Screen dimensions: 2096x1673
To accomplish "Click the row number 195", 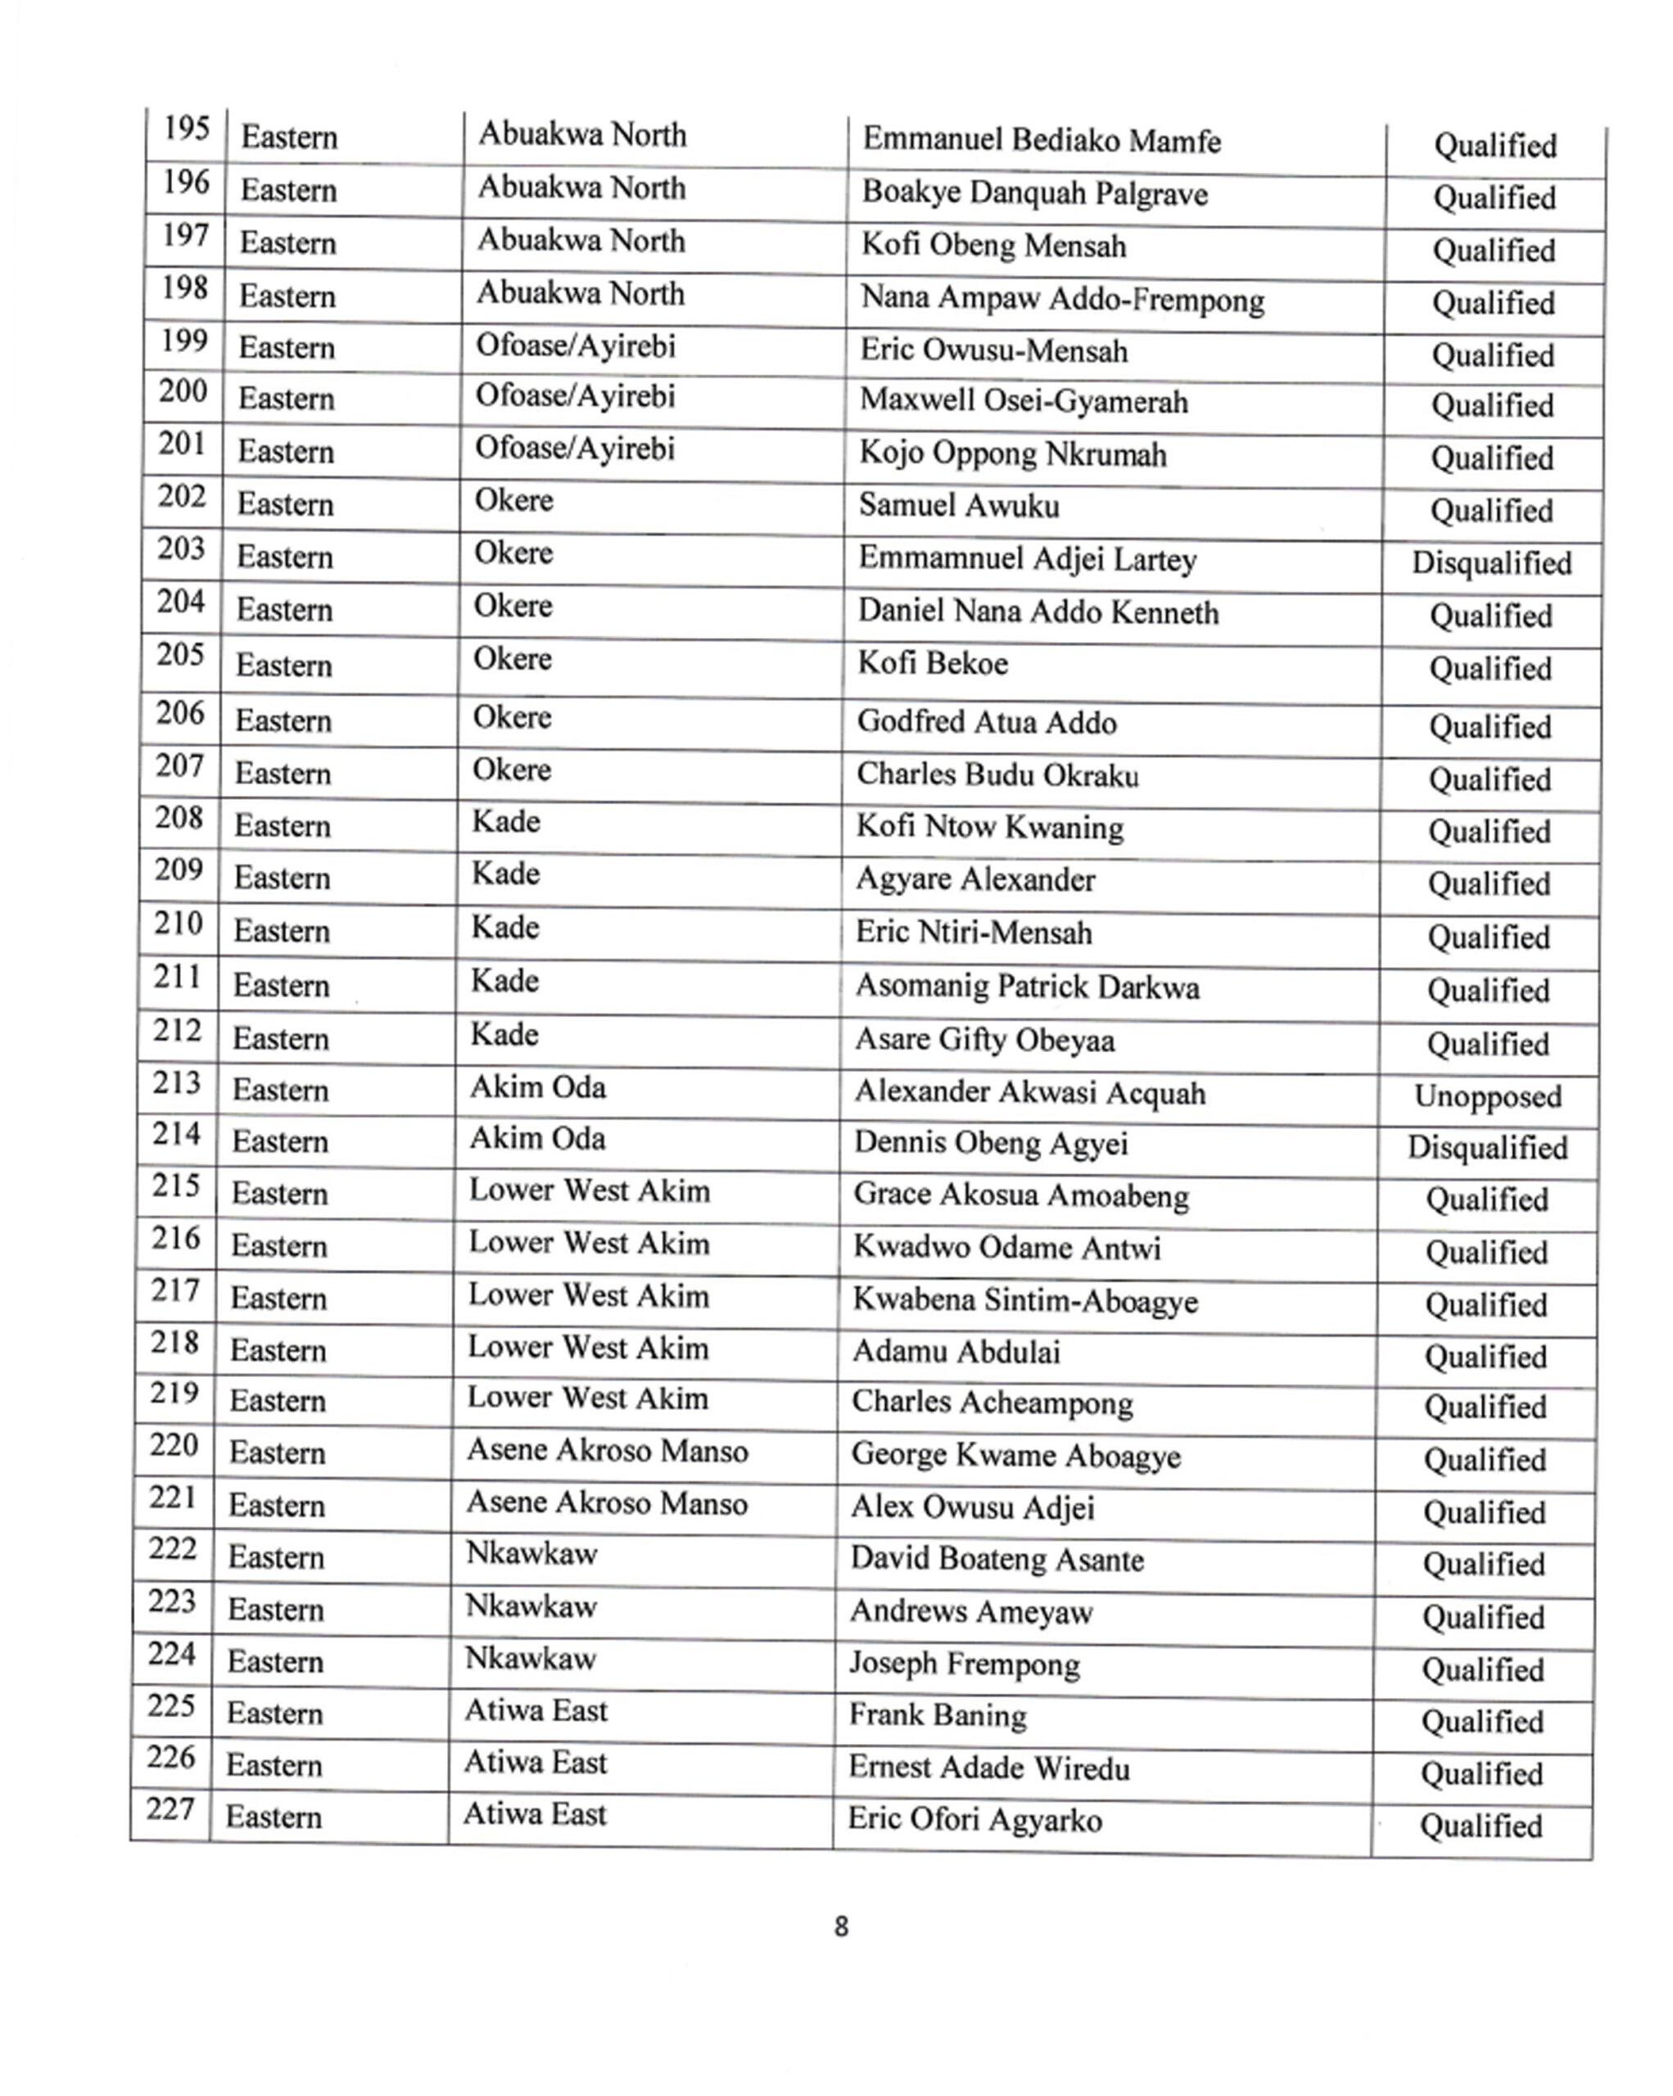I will [x=187, y=129].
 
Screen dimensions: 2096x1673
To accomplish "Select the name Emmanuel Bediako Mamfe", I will [x=1041, y=141].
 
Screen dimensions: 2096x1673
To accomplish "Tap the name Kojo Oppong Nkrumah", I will [x=1012, y=454].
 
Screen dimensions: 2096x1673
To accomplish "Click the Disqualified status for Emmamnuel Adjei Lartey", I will [x=1491, y=562].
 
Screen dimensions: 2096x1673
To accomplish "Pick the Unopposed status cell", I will [x=1487, y=1095].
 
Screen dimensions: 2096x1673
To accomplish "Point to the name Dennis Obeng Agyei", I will [x=991, y=1143].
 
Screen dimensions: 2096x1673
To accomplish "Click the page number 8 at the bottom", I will [x=841, y=1926].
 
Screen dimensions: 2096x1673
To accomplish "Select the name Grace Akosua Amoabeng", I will [x=1020, y=1195].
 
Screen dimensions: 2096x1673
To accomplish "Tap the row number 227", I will [x=170, y=1809].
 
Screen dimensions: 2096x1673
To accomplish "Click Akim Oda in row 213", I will [x=537, y=1086].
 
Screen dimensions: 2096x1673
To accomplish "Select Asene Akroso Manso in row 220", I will [x=607, y=1451].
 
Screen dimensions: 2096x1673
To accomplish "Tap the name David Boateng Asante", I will [x=997, y=1560].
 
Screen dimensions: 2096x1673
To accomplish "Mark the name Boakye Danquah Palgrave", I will [x=1034, y=193].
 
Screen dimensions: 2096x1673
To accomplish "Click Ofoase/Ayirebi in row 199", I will [x=575, y=346].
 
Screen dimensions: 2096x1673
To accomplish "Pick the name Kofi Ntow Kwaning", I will [x=988, y=827].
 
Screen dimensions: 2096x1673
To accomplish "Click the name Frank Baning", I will [x=937, y=1716].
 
